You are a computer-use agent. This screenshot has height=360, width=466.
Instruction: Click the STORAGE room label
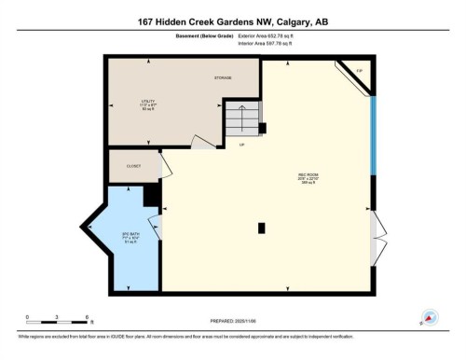tap(222, 78)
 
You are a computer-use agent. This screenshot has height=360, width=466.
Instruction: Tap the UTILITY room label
tap(147, 103)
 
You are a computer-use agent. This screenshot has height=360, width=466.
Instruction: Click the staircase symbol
tap(240, 119)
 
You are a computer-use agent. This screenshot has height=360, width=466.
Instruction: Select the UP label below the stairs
tap(240, 145)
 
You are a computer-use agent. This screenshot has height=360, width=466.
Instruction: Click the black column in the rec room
tap(262, 227)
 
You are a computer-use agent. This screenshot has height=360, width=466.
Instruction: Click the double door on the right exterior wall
tap(376, 227)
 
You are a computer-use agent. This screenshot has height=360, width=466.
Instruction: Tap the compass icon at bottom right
tap(431, 317)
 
